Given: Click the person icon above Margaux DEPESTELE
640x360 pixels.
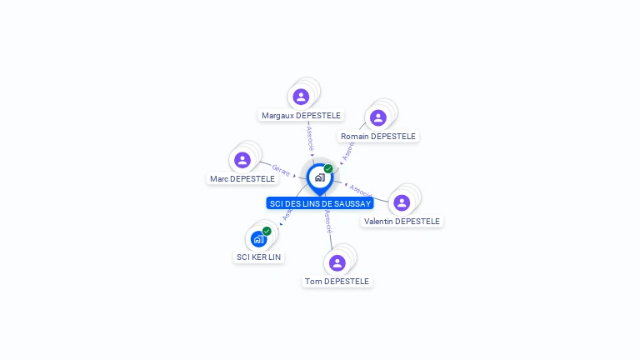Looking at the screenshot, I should pos(301,97).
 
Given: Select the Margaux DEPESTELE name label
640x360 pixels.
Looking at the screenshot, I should pos(301,115).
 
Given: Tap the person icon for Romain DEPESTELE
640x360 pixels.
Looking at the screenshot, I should pos(377,117).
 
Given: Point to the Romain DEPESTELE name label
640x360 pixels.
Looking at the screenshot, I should pos(378,136).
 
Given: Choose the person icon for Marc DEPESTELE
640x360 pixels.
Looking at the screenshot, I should pos(242,160).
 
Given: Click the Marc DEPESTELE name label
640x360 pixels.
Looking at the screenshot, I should pos(242,178).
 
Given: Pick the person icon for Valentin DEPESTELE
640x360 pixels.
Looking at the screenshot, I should pos(402,202).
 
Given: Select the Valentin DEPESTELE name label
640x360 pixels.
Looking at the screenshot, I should pos(402,221).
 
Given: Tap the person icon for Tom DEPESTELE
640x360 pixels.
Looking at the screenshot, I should pos(337,262).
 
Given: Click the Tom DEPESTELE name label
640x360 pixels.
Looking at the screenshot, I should pos(337,281).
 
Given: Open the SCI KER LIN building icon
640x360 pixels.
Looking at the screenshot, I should pos(258,239).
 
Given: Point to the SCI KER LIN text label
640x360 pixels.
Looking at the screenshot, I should pos(259,257).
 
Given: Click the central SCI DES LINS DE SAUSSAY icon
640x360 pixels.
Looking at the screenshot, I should pos(319,177).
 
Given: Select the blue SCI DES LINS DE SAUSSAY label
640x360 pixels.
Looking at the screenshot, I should pos(320,203).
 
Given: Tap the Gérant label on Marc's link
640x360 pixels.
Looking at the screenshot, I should pos(281,170).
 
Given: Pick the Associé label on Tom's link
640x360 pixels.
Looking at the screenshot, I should pos(328,221).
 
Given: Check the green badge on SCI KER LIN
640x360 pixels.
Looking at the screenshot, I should pos(267,231).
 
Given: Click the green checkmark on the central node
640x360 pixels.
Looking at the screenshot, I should pos(328,168).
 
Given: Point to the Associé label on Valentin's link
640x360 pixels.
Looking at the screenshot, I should pos(360,190).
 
